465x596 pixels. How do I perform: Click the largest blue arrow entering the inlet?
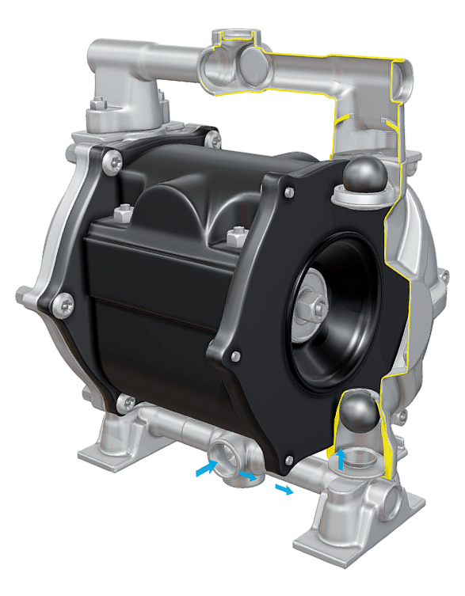[x=204, y=470]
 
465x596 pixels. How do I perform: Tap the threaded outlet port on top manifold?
[x=235, y=36]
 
